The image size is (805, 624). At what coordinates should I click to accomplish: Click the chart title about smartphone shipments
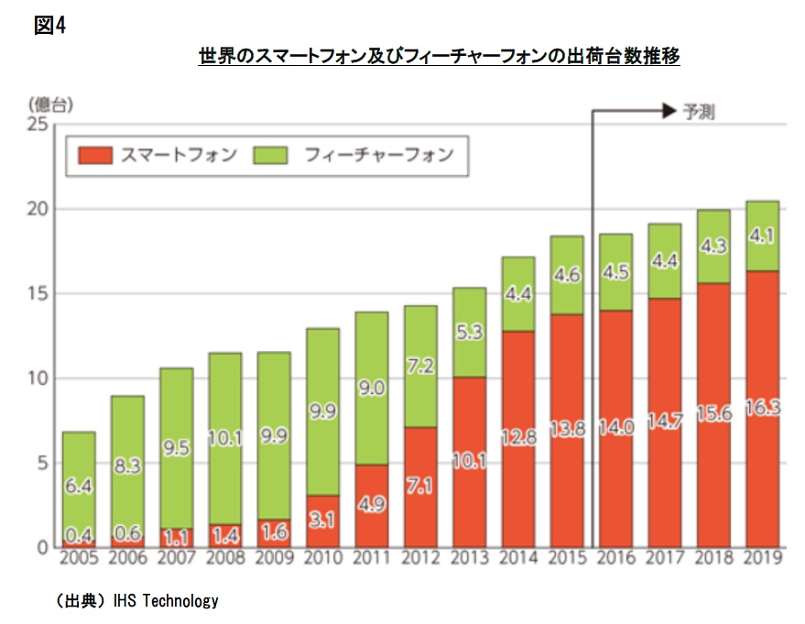tap(439, 56)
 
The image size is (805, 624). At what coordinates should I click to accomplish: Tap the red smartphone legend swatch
tap(95, 155)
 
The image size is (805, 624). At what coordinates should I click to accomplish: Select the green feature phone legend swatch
tap(270, 155)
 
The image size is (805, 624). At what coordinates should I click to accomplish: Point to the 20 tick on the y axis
tap(37, 209)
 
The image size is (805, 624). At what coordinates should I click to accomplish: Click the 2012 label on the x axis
tap(420, 558)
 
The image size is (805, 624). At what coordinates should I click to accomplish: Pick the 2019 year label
tap(763, 558)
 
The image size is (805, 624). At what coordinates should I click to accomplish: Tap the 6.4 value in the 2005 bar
tap(79, 486)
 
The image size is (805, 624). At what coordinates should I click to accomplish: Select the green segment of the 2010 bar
tap(323, 412)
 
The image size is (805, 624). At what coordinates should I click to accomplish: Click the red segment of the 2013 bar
tap(470, 462)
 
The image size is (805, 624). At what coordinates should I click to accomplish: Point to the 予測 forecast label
tap(699, 112)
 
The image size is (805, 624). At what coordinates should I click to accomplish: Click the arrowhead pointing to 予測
tap(669, 111)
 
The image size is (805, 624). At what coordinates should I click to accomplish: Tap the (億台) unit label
tap(50, 104)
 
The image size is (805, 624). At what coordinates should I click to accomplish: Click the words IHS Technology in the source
tap(166, 600)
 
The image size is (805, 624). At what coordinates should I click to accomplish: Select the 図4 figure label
tap(49, 25)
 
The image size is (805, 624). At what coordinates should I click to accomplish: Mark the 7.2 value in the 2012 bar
tap(420, 366)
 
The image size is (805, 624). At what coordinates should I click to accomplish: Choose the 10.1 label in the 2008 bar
tap(225, 438)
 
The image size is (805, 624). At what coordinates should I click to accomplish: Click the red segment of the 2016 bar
tap(616, 429)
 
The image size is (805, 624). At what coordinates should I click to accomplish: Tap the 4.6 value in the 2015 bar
tap(567, 275)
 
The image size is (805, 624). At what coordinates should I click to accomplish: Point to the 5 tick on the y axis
tap(42, 463)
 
